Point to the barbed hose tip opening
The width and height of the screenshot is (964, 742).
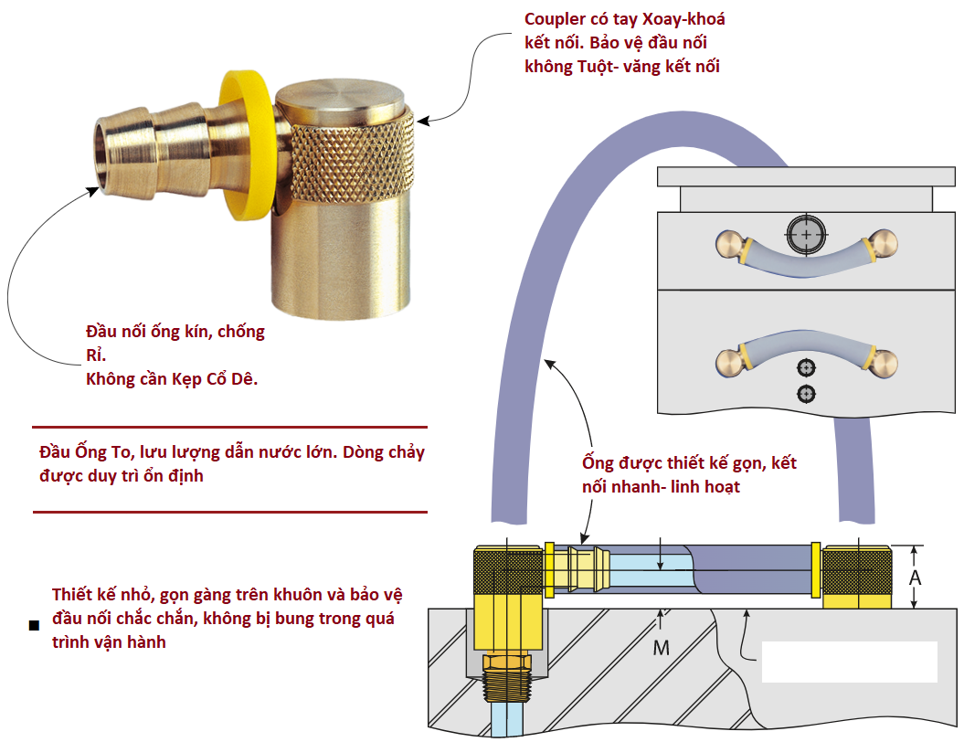click(x=109, y=155)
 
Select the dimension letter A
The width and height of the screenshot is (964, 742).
click(x=915, y=578)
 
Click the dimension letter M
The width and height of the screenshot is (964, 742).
click(x=661, y=648)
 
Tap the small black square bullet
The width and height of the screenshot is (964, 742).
click(x=34, y=626)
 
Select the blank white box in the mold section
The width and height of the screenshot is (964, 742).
click(x=850, y=662)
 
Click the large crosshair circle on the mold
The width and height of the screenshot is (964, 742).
click(x=808, y=234)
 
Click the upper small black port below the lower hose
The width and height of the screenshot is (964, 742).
click(x=806, y=367)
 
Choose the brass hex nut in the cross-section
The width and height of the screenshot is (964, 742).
click(x=504, y=662)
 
